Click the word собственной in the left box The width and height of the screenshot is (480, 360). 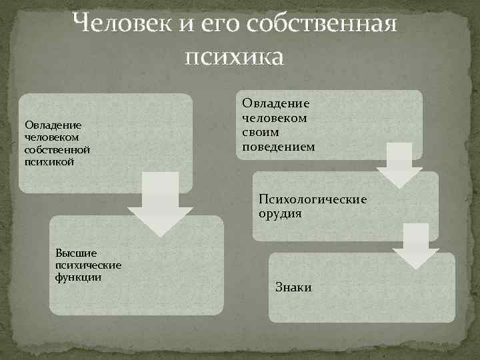pyautogui.click(x=57, y=149)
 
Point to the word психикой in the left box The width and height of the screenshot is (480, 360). pyautogui.click(x=47, y=161)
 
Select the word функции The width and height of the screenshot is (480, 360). pyautogui.click(x=79, y=277)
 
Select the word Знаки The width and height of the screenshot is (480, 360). pyautogui.click(x=293, y=287)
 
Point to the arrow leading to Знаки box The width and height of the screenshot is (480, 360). pyautogui.click(x=415, y=247)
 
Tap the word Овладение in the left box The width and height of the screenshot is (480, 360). pyautogui.click(x=53, y=125)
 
